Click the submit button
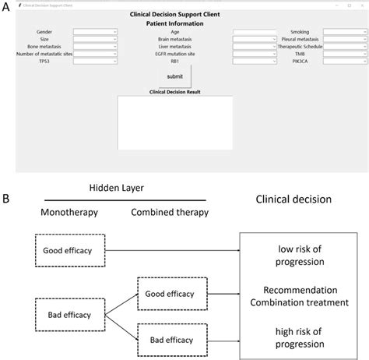point(175,76)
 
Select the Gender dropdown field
point(96,32)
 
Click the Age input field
point(255,32)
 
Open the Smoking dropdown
point(345,32)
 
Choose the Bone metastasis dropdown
point(96,46)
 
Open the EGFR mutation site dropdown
point(255,53)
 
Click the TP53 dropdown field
point(96,60)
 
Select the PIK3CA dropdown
point(345,60)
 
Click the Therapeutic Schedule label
point(299,46)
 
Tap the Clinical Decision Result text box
point(175,122)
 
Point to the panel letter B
point(6,199)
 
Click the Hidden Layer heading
point(115,188)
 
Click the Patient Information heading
point(175,23)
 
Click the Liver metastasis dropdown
point(255,46)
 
